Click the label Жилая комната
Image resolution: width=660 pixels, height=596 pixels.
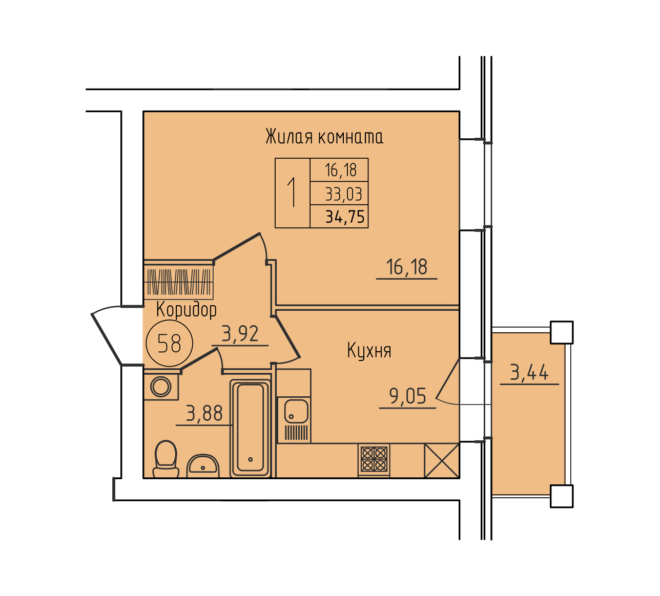pyautogui.click(x=324, y=137)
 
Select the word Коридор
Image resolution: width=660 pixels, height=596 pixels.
pyautogui.click(x=187, y=310)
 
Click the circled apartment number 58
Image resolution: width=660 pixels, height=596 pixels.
pyautogui.click(x=170, y=343)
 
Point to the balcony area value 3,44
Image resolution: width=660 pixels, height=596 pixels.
pyautogui.click(x=529, y=372)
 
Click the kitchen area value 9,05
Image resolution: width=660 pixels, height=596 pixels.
pyautogui.click(x=408, y=396)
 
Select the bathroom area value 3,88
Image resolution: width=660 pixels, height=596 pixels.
pyautogui.click(x=204, y=413)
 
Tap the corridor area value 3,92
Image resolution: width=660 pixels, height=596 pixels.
pyautogui.click(x=240, y=333)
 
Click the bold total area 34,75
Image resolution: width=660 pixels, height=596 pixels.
pyautogui.click(x=345, y=217)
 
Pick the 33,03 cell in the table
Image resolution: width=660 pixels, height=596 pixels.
pyautogui.click(x=343, y=194)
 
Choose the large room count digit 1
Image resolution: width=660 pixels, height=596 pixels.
pyautogui.click(x=292, y=193)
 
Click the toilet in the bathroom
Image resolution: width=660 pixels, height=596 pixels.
pyautogui.click(x=166, y=459)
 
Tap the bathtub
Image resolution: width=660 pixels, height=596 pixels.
pyautogui.click(x=251, y=429)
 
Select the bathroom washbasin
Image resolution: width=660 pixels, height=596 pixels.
pyautogui.click(x=203, y=466)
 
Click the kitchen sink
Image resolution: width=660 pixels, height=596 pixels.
pyautogui.click(x=294, y=419)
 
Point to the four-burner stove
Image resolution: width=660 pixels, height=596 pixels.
pyautogui.click(x=374, y=460)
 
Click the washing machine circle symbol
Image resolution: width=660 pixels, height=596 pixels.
pyautogui.click(x=161, y=387)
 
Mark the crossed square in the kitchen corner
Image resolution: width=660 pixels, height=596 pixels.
pyautogui.click(x=442, y=460)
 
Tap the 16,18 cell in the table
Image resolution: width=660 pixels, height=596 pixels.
pyautogui.click(x=341, y=170)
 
